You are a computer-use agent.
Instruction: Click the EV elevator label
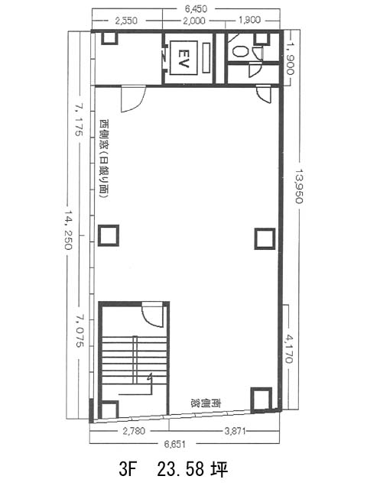[183, 58]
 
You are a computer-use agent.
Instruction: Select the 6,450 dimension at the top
[196, 9]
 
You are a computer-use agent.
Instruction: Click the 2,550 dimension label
[125, 21]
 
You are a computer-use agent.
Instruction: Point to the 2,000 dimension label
[194, 21]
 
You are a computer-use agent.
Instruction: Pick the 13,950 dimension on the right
[299, 186]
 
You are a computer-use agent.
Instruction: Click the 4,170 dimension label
[289, 348]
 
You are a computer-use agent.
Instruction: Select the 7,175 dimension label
[78, 121]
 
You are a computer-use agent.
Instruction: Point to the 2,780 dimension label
[134, 431]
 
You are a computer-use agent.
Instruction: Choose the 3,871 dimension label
[235, 431]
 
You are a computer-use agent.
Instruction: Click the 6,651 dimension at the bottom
[175, 444]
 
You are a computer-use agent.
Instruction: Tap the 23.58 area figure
[180, 469]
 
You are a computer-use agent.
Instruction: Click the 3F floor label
[128, 469]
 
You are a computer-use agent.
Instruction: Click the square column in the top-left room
[109, 37]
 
